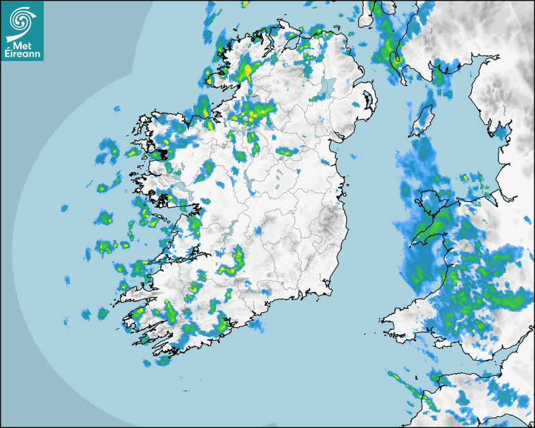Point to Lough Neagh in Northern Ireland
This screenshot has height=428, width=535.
pyautogui.click(x=326, y=86)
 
